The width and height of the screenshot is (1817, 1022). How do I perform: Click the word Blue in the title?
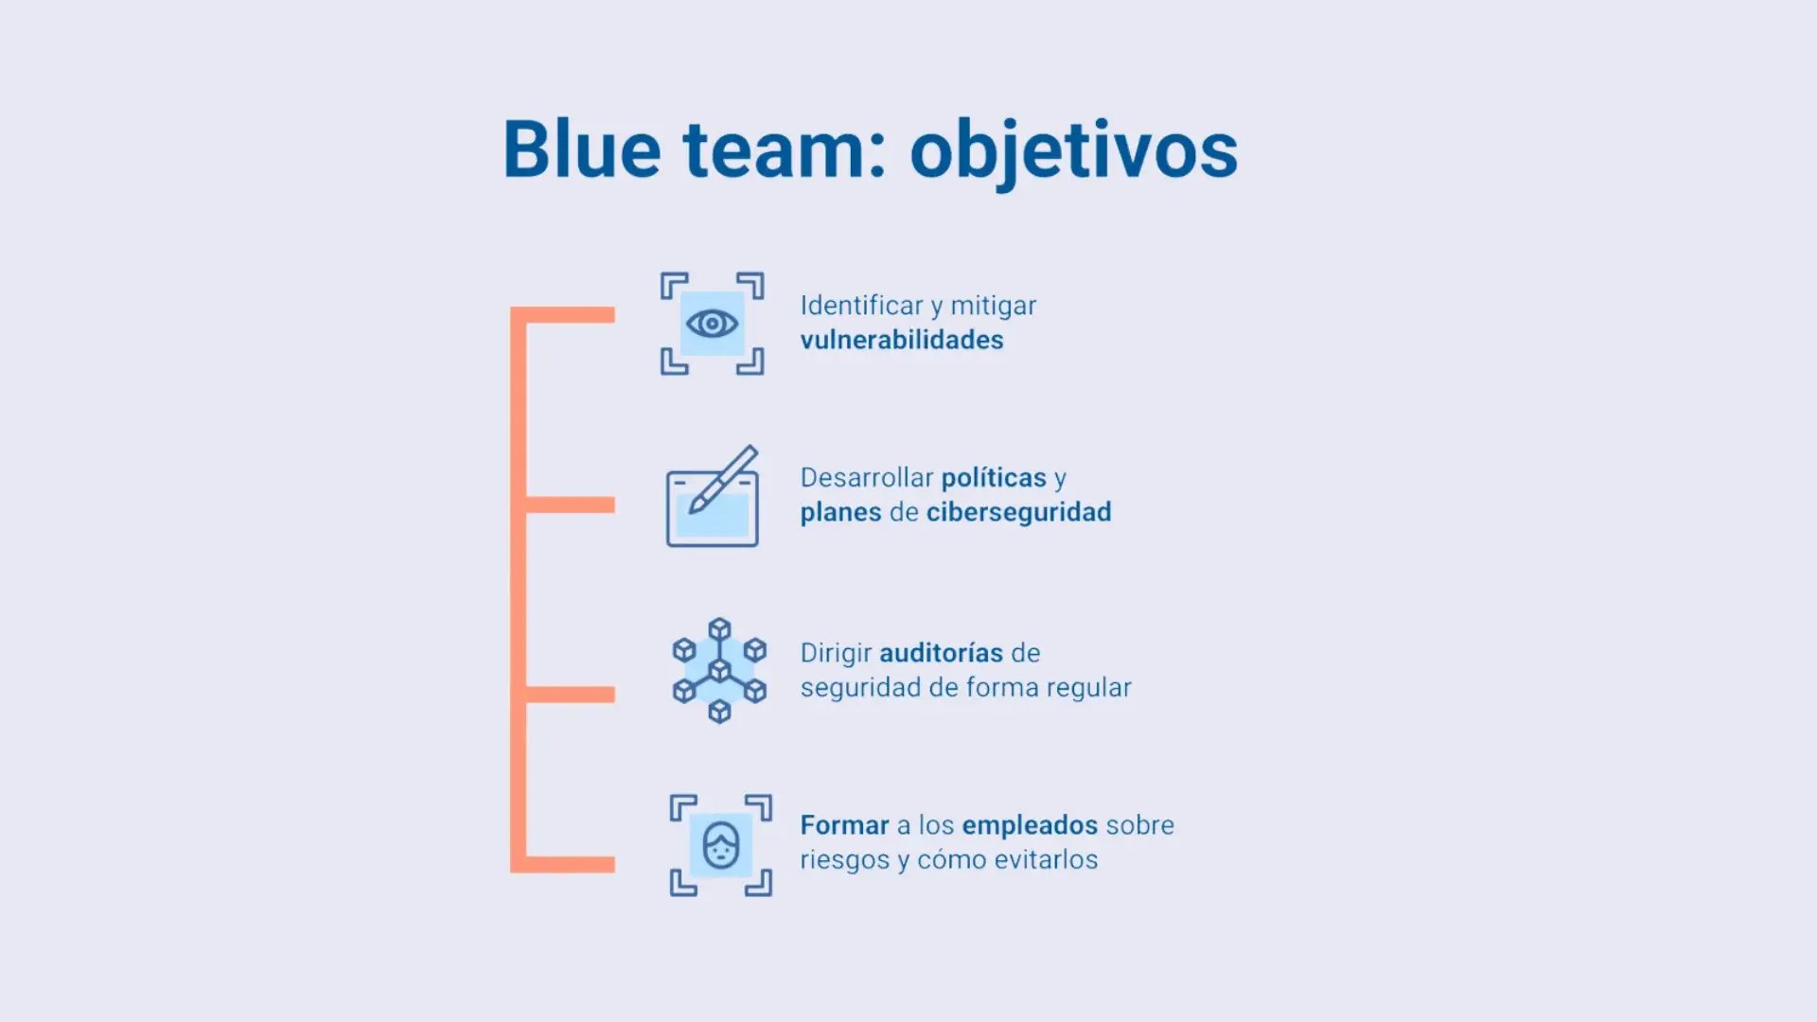(x=581, y=150)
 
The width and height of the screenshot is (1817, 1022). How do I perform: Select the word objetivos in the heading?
(x=1073, y=151)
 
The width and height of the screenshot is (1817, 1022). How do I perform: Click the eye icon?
(x=712, y=324)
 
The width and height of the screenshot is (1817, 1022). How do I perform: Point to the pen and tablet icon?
(x=713, y=497)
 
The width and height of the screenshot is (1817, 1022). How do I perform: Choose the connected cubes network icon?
(x=719, y=671)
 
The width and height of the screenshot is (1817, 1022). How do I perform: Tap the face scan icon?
(x=721, y=845)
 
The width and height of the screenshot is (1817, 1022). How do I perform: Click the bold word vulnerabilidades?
(x=902, y=340)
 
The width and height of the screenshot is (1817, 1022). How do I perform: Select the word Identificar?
(x=861, y=306)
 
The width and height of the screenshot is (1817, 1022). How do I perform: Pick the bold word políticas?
(x=994, y=478)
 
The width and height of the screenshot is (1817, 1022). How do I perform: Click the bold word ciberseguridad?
(x=1018, y=512)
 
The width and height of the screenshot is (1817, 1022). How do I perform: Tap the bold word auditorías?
(x=941, y=653)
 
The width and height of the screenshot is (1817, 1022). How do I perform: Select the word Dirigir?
(x=836, y=653)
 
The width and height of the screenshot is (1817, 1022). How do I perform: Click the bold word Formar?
(x=844, y=825)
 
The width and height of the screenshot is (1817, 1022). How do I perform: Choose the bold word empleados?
(x=1029, y=825)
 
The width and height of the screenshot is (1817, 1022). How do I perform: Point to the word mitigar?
(x=993, y=306)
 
